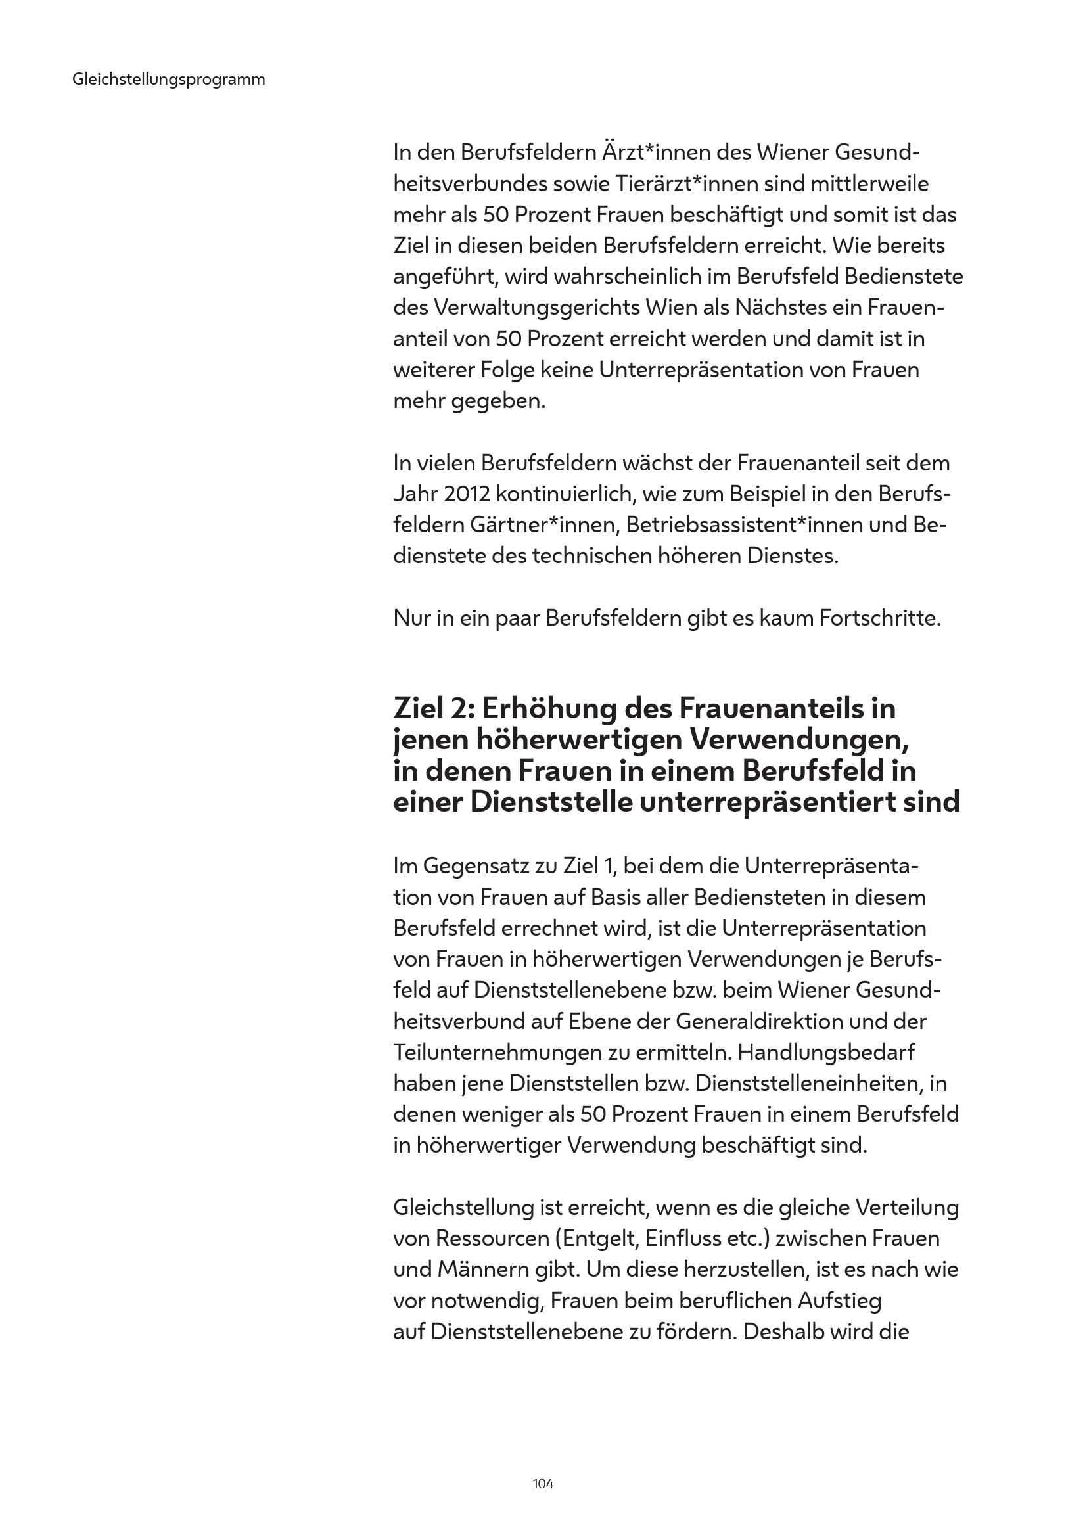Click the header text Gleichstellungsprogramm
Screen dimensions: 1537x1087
168,80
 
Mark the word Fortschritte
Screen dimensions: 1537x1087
879,618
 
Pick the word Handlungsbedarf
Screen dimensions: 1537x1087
826,1052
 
